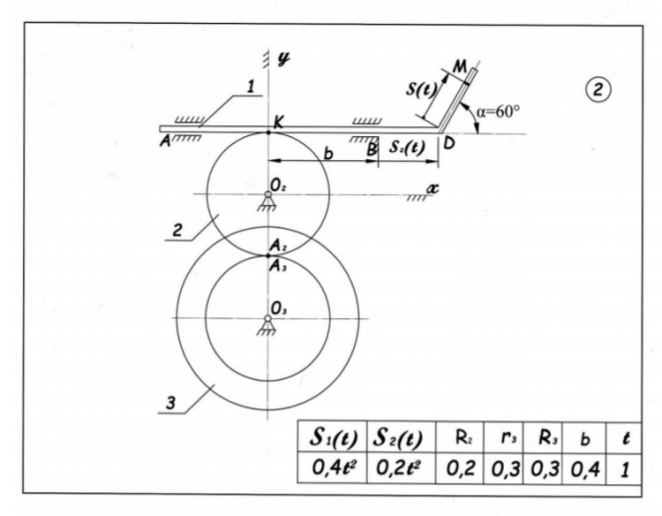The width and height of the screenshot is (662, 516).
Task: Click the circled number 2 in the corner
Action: coord(600,89)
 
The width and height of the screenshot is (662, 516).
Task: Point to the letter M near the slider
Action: coord(459,66)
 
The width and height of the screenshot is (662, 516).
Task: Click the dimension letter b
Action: coord(329,152)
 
